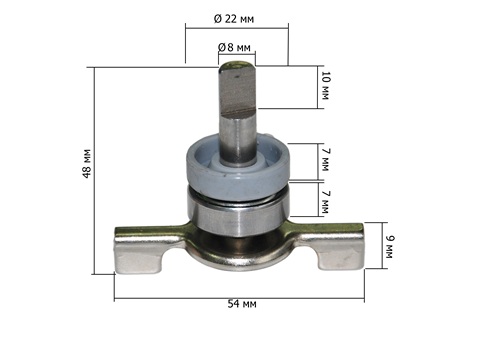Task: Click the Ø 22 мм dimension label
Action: (234, 19)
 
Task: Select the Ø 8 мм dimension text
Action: (234, 48)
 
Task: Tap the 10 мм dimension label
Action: (325, 86)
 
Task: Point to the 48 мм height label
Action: (87, 163)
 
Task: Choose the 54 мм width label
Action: (242, 304)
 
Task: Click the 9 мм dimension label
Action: (389, 247)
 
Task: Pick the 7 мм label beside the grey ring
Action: (325, 160)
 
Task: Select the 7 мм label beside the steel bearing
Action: (325, 202)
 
